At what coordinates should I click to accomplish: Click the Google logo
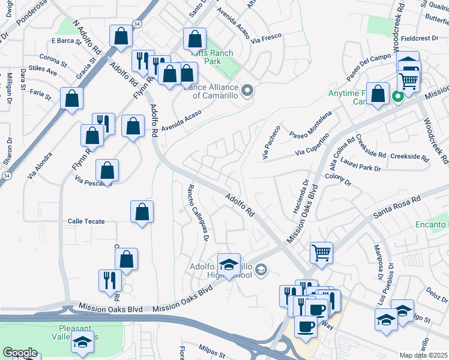pyautogui.click(x=20, y=353)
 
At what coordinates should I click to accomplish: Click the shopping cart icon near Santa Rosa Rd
pyautogui.click(x=321, y=253)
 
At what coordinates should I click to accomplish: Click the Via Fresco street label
pyautogui.click(x=266, y=40)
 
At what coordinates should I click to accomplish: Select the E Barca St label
pyautogui.click(x=66, y=41)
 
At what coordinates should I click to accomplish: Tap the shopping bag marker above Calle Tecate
pyautogui.click(x=142, y=212)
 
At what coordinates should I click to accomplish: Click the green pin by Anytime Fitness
pyautogui.click(x=396, y=97)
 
